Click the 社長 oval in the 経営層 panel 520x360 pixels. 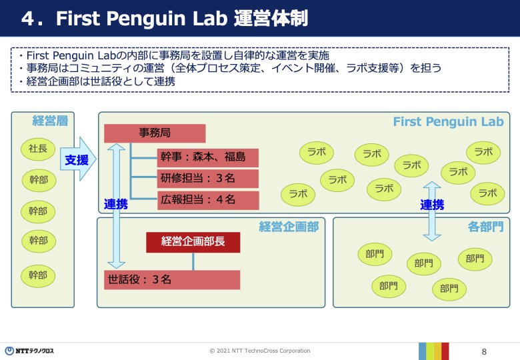pyautogui.click(x=38, y=149)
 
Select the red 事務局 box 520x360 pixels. pyautogui.click(x=155, y=133)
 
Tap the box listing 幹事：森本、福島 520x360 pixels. pyautogui.click(x=207, y=158)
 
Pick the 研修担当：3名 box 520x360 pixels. pyautogui.click(x=207, y=179)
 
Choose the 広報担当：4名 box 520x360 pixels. pyautogui.click(x=208, y=200)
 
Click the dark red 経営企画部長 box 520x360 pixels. pyautogui.click(x=193, y=242)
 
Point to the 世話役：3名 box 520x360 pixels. pyautogui.click(x=172, y=280)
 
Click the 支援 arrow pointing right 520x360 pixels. pyautogui.click(x=78, y=159)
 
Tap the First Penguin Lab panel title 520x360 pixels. pyautogui.click(x=449, y=121)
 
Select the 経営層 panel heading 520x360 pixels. pyautogui.click(x=50, y=121)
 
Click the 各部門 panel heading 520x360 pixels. pyautogui.click(x=485, y=227)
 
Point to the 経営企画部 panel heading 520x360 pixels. pyautogui.click(x=289, y=227)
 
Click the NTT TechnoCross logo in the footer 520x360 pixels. pyautogui.click(x=29, y=351)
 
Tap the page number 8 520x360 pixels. pyautogui.click(x=484, y=352)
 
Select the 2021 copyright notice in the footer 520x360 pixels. pyautogui.click(x=260, y=351)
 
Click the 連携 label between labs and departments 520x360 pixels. pyautogui.click(x=432, y=205)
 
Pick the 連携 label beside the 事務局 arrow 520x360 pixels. pyautogui.click(x=116, y=204)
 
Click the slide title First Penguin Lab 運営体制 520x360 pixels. pyautogui.click(x=165, y=18)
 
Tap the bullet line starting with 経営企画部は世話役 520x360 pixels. pyautogui.click(x=97, y=81)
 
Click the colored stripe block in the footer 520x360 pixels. pyautogui.click(x=434, y=351)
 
